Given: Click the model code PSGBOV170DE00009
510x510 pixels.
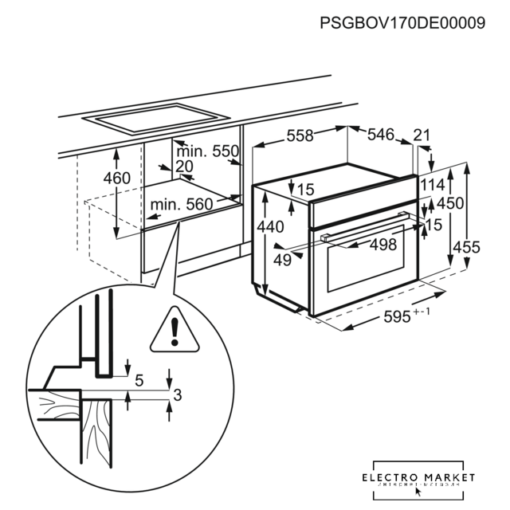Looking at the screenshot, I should click(402, 23).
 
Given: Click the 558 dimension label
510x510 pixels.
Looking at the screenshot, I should click(300, 136).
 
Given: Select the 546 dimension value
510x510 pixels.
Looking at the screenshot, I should click(380, 136).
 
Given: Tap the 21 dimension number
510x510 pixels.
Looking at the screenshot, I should click(422, 135).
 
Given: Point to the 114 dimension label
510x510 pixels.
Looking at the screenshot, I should click(433, 186).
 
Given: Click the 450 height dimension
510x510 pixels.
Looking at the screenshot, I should click(450, 203).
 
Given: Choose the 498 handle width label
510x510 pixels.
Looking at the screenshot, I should click(382, 245).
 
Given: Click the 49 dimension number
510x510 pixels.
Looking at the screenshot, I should click(282, 260).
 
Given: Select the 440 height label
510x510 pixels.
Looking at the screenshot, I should click(270, 227).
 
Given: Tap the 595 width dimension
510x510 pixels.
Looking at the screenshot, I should click(401, 317).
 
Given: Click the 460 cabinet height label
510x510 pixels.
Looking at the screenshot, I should click(116, 178).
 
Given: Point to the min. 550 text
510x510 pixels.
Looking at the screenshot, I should click(207, 151).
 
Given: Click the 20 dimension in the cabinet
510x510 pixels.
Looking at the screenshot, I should click(184, 166).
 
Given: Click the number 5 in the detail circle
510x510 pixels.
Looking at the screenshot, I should click(139, 381).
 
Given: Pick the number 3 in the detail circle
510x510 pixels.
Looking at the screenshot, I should click(178, 394).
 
